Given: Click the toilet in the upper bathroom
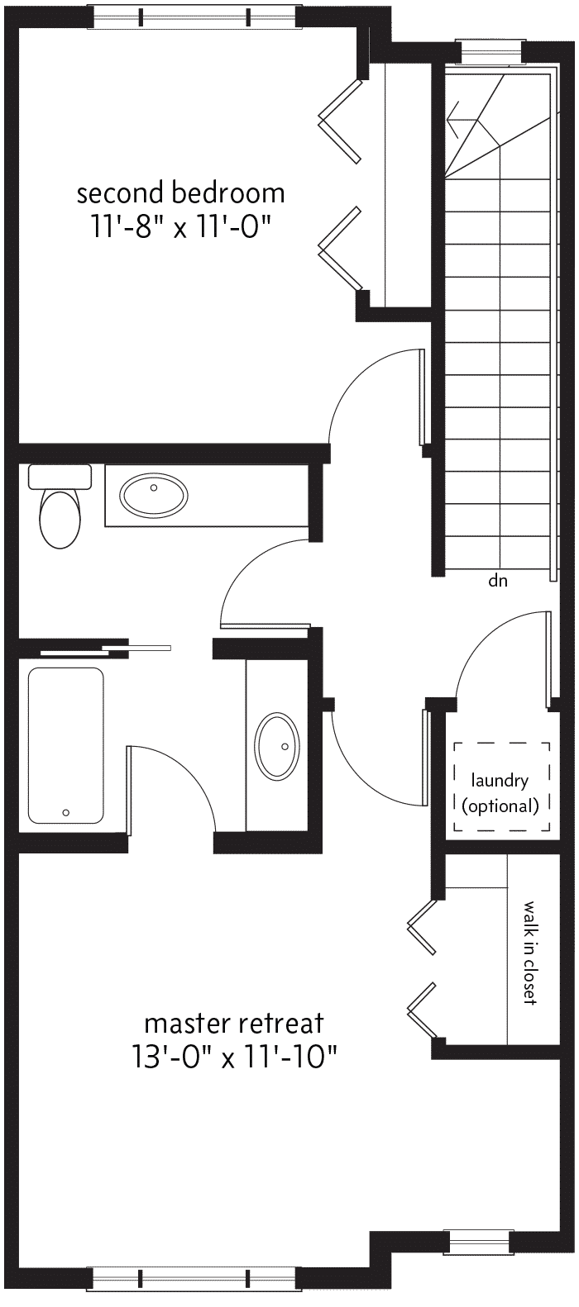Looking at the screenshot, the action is [x=59, y=506].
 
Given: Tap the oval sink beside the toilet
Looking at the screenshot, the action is [x=154, y=495].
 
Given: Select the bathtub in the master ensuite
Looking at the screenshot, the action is [x=66, y=745].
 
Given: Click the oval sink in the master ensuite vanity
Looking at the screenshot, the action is [x=277, y=746].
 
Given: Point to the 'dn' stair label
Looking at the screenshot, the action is [x=498, y=581].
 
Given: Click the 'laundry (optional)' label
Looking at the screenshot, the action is [x=500, y=793].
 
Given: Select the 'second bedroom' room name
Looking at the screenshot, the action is [x=181, y=193].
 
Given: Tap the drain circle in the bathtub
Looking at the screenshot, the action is [x=66, y=812].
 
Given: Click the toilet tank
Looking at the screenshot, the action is [x=60, y=477].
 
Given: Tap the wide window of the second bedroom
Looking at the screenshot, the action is [x=194, y=17].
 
